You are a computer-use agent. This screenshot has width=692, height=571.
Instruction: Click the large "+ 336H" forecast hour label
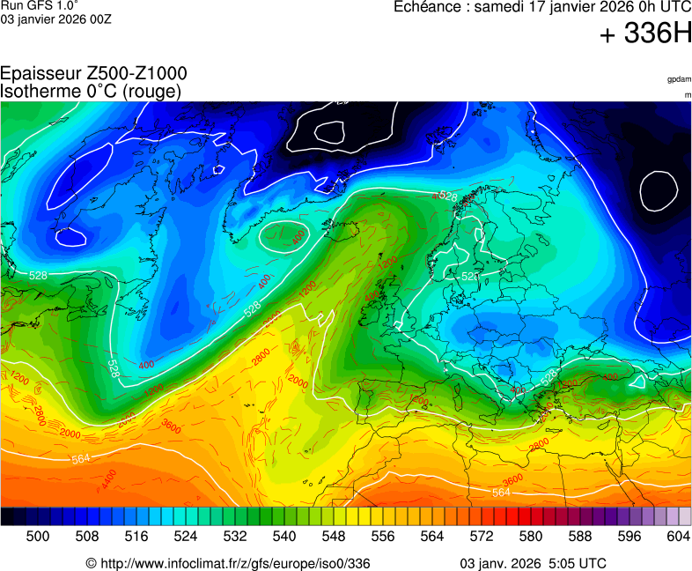tap(644, 34)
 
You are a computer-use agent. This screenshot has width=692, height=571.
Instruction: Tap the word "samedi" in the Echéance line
tap(500, 7)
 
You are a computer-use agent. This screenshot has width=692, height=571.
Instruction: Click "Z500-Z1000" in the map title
tap(136, 74)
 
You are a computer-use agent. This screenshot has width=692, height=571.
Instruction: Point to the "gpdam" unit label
tap(679, 79)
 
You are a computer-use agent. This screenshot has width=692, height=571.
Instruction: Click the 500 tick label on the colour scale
tap(38, 536)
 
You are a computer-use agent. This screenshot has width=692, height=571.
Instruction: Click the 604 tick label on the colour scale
tap(679, 536)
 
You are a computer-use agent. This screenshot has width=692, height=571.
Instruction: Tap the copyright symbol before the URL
tap(91, 563)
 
